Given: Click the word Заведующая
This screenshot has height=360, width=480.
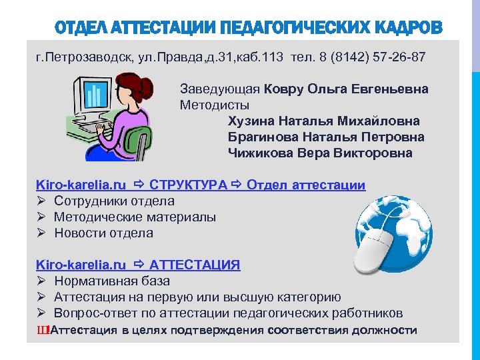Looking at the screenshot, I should pos(220,89).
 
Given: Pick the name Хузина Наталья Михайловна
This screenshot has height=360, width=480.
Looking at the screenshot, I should pos(324,121).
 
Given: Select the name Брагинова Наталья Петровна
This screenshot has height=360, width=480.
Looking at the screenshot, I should pos(326,137).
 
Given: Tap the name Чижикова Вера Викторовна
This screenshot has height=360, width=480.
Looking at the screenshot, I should pos(320,153).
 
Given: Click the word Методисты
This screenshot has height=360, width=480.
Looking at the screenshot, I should pos(215,105).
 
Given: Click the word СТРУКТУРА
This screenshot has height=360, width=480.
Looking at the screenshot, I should pos(189,185).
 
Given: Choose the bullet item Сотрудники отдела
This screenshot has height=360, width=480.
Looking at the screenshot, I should pos(114,201).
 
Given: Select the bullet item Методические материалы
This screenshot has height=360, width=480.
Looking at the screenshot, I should pos(135,217).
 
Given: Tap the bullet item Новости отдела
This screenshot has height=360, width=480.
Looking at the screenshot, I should pos(103,233).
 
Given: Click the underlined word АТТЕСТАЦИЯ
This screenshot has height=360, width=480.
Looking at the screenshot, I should pos(195,265).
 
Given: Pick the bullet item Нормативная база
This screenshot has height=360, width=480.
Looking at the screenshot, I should pos(112,281).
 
